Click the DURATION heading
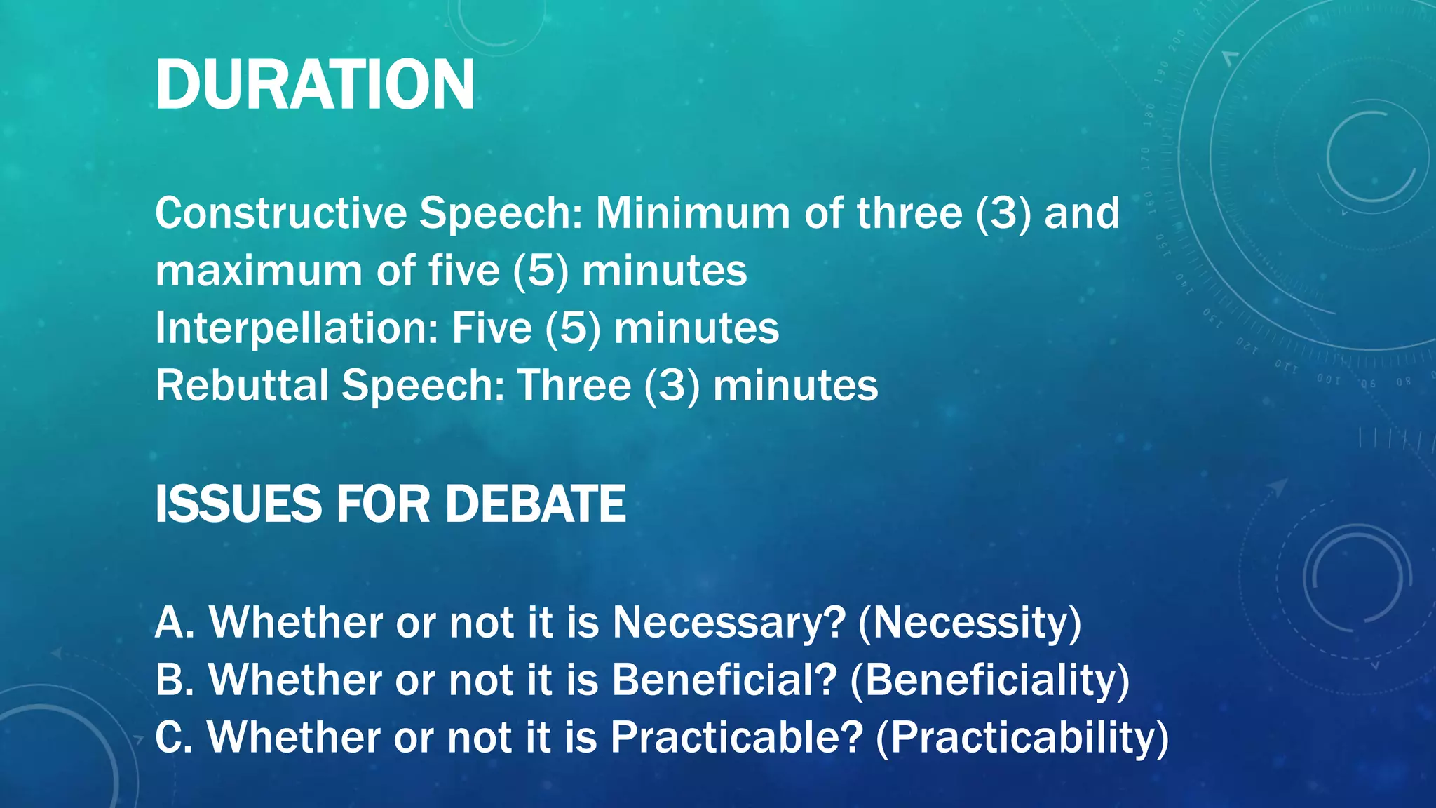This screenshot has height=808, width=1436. coord(315,85)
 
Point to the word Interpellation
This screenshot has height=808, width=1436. coord(297,328)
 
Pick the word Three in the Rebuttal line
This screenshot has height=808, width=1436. coord(574,386)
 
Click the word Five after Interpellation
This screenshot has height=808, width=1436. coord(492,328)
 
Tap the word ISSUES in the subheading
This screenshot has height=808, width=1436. coord(238,504)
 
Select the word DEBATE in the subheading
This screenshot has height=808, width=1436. coord(535,504)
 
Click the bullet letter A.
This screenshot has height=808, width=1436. coord(173,622)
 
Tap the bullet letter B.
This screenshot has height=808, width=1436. coord(172,680)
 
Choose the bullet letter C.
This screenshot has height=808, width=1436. coord(172,737)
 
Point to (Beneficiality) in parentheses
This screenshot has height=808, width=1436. coord(989,680)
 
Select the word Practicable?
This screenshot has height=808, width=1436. coord(736,737)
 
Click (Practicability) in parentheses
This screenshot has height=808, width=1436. coord(1022,737)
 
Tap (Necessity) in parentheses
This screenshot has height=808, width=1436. coord(970,622)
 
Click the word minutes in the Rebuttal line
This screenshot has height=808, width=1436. coord(795,386)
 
